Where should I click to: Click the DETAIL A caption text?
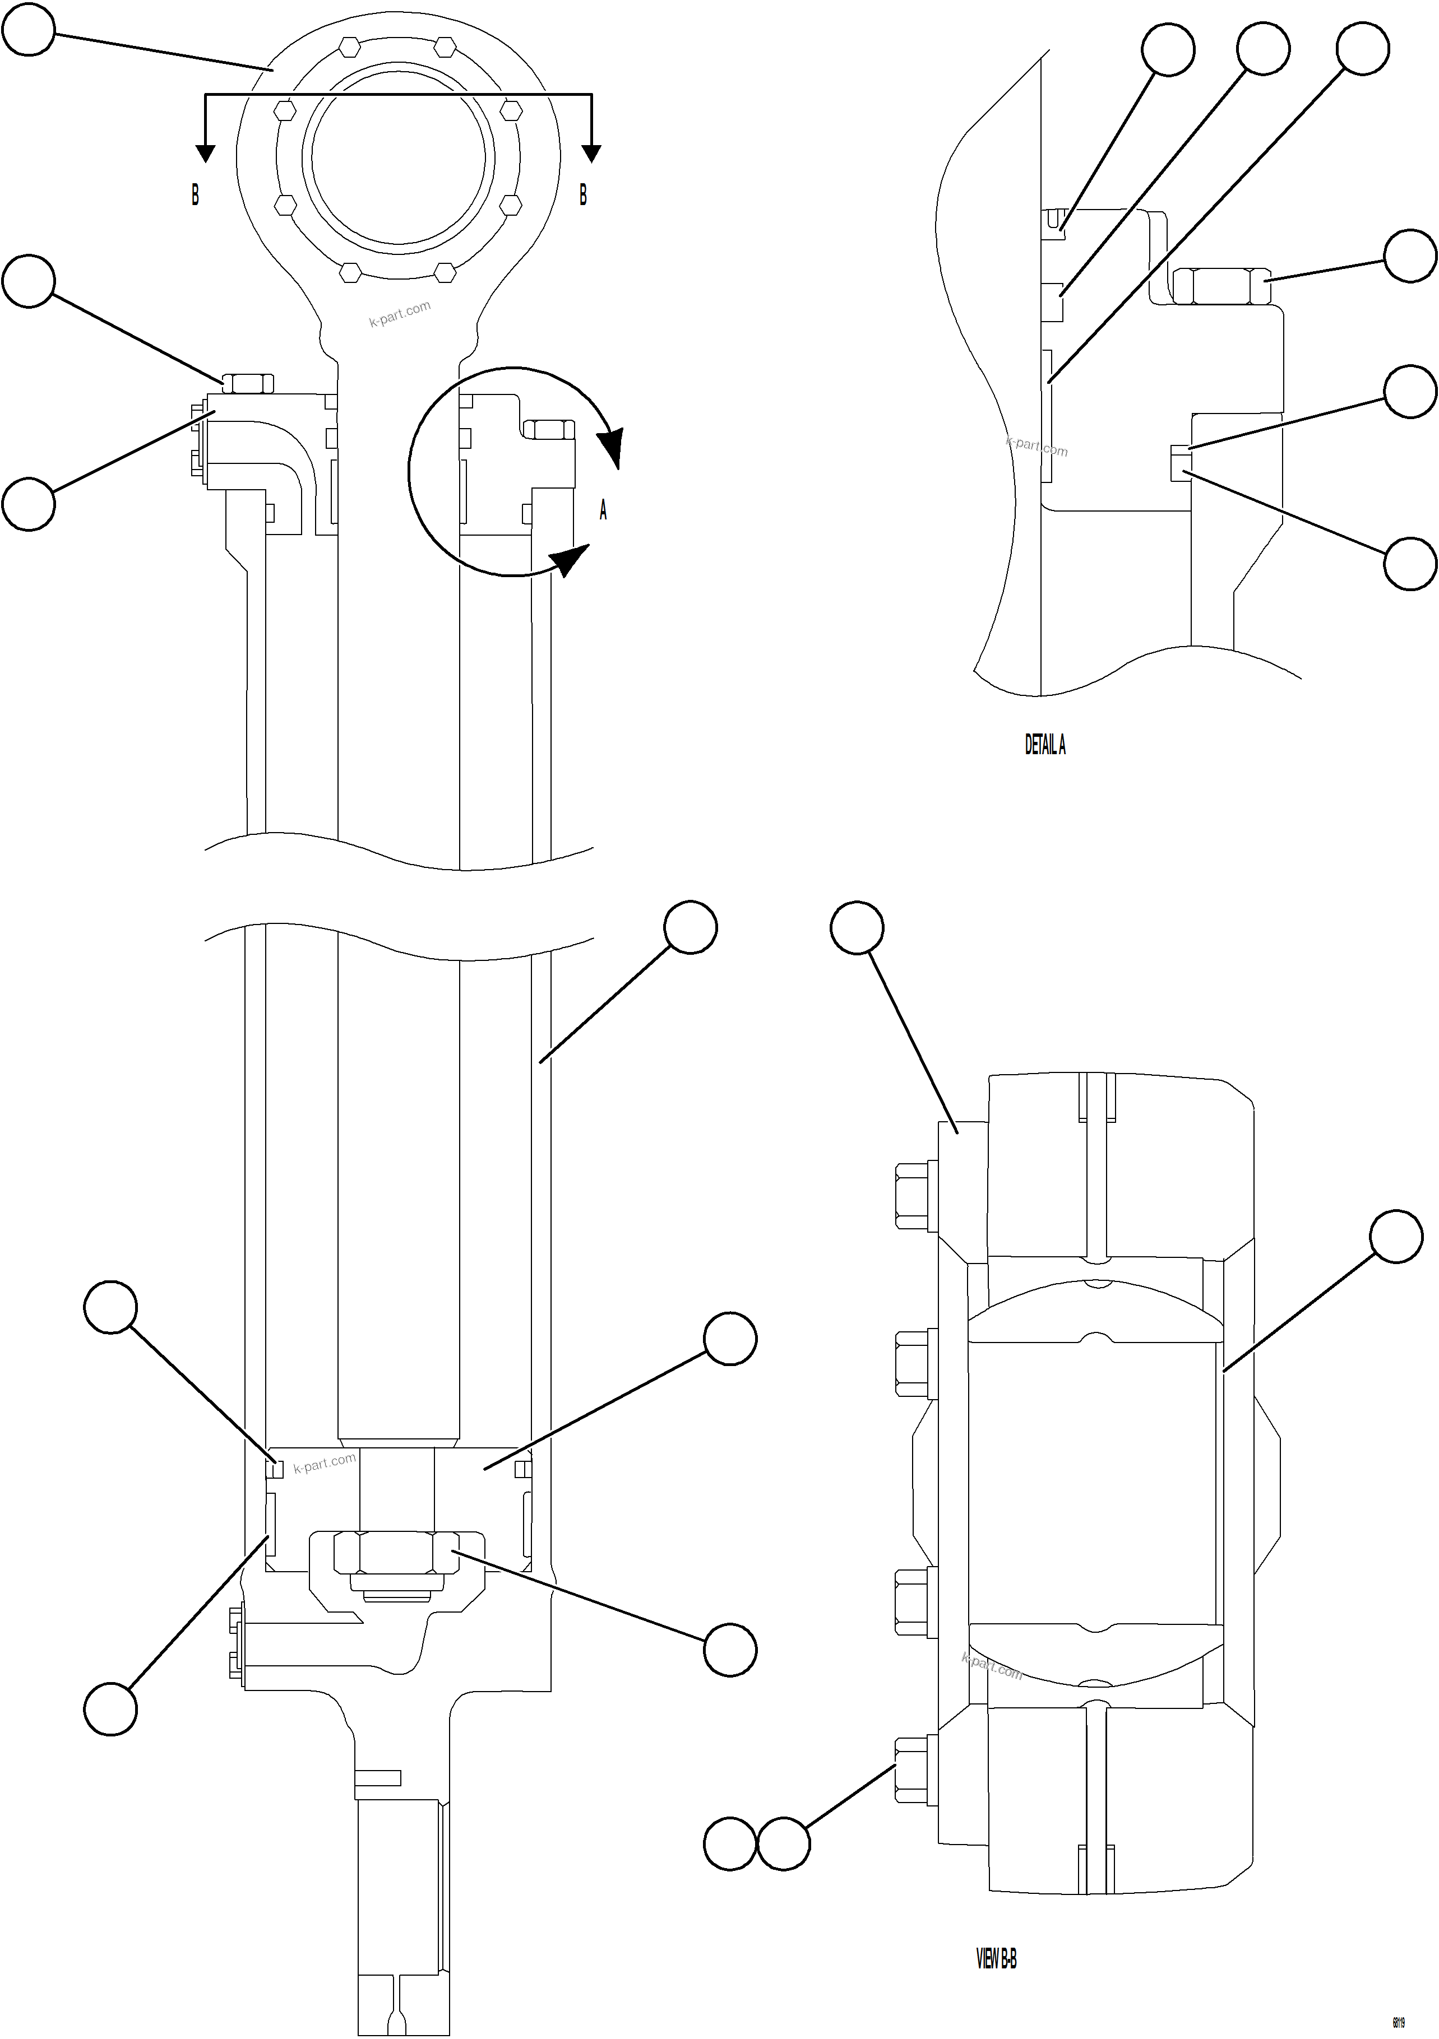1044,745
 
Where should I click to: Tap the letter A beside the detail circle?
603,510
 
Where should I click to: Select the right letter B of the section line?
582,194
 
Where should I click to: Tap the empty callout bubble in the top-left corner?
29,29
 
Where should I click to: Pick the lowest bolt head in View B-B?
912,1771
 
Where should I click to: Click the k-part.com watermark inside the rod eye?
400,313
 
